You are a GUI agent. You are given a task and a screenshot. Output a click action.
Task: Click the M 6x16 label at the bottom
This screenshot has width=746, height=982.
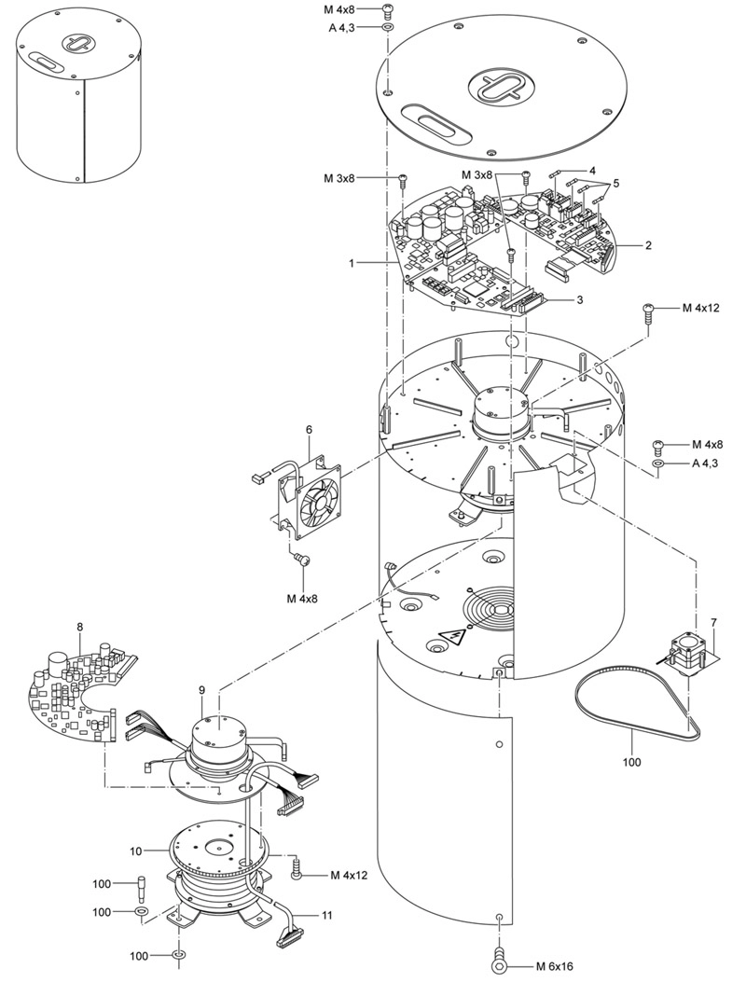[554, 966]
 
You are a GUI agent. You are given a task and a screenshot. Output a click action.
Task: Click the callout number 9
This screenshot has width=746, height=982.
[201, 689]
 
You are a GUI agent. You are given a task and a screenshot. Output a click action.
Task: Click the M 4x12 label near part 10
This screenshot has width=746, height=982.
[348, 875]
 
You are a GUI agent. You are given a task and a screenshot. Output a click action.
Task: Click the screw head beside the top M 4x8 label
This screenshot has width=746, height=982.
[387, 10]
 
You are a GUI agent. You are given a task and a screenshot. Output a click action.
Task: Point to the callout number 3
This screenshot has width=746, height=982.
[580, 300]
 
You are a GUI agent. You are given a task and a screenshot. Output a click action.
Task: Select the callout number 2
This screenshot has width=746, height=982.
[648, 245]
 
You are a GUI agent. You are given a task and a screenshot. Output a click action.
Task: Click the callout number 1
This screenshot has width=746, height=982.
[352, 264]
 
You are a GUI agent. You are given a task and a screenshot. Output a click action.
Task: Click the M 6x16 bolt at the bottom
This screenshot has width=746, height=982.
[499, 964]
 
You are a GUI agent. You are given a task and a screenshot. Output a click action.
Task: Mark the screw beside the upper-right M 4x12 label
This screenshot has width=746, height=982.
[648, 312]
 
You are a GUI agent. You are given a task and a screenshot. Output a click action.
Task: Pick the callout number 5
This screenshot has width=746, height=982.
[615, 184]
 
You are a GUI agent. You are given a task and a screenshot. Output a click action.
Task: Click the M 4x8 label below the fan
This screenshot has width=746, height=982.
[302, 598]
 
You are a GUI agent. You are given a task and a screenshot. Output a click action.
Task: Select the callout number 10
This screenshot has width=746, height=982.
[136, 851]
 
